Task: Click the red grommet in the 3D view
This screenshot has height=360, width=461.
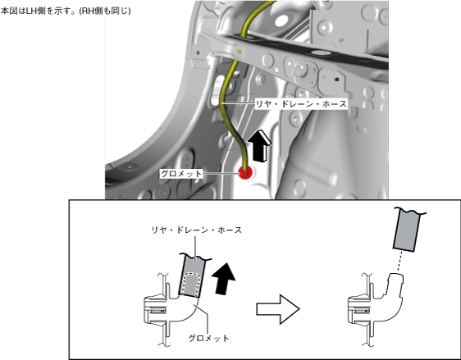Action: (x=245, y=172)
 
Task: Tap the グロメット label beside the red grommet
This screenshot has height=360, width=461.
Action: (x=181, y=174)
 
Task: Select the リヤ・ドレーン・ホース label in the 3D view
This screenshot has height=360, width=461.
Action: (x=301, y=104)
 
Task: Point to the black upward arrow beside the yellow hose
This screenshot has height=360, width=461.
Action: (x=259, y=146)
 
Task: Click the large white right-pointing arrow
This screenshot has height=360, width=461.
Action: (x=278, y=309)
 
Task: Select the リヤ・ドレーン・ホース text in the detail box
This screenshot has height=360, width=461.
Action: (x=196, y=230)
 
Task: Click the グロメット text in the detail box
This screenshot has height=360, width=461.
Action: (x=208, y=338)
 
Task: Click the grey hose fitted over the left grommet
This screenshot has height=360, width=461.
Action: (x=192, y=276)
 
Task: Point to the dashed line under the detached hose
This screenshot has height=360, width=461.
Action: (x=399, y=262)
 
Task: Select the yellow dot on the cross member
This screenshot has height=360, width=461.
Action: (x=240, y=52)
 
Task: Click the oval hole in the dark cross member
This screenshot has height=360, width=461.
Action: (x=320, y=52)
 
